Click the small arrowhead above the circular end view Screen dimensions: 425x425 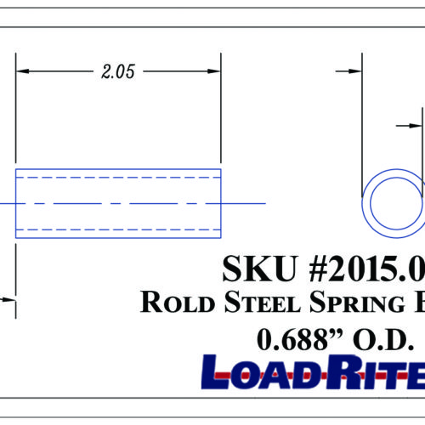(416, 125)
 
